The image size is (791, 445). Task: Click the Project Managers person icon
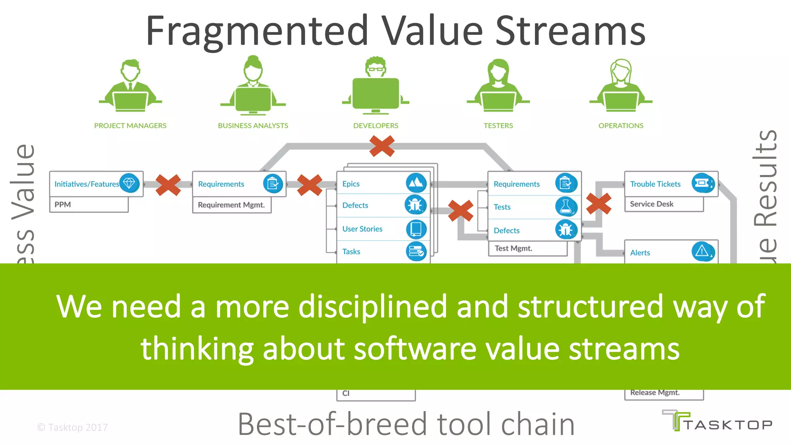pos(130,86)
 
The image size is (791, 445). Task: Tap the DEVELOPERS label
pos(375,126)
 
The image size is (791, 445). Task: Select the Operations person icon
pos(621,86)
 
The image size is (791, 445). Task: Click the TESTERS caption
pos(498,126)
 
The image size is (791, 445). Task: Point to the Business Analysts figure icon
pos(253,86)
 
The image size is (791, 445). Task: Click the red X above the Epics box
pos(382,146)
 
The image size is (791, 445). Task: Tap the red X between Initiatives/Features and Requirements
pos(168,185)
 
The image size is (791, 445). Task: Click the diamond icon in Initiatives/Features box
pos(129,183)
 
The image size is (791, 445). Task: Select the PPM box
pos(89,205)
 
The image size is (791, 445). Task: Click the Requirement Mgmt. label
pos(231,205)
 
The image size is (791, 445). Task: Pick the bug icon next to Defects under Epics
pos(416,205)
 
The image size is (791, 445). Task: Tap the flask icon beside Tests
pos(566,207)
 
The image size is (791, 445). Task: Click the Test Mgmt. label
pos(513,248)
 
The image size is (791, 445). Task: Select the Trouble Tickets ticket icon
pos(702,183)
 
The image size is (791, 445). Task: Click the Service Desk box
pos(664,204)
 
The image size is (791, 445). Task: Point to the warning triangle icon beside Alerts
pos(702,251)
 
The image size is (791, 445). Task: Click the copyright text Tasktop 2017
pos(73,427)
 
